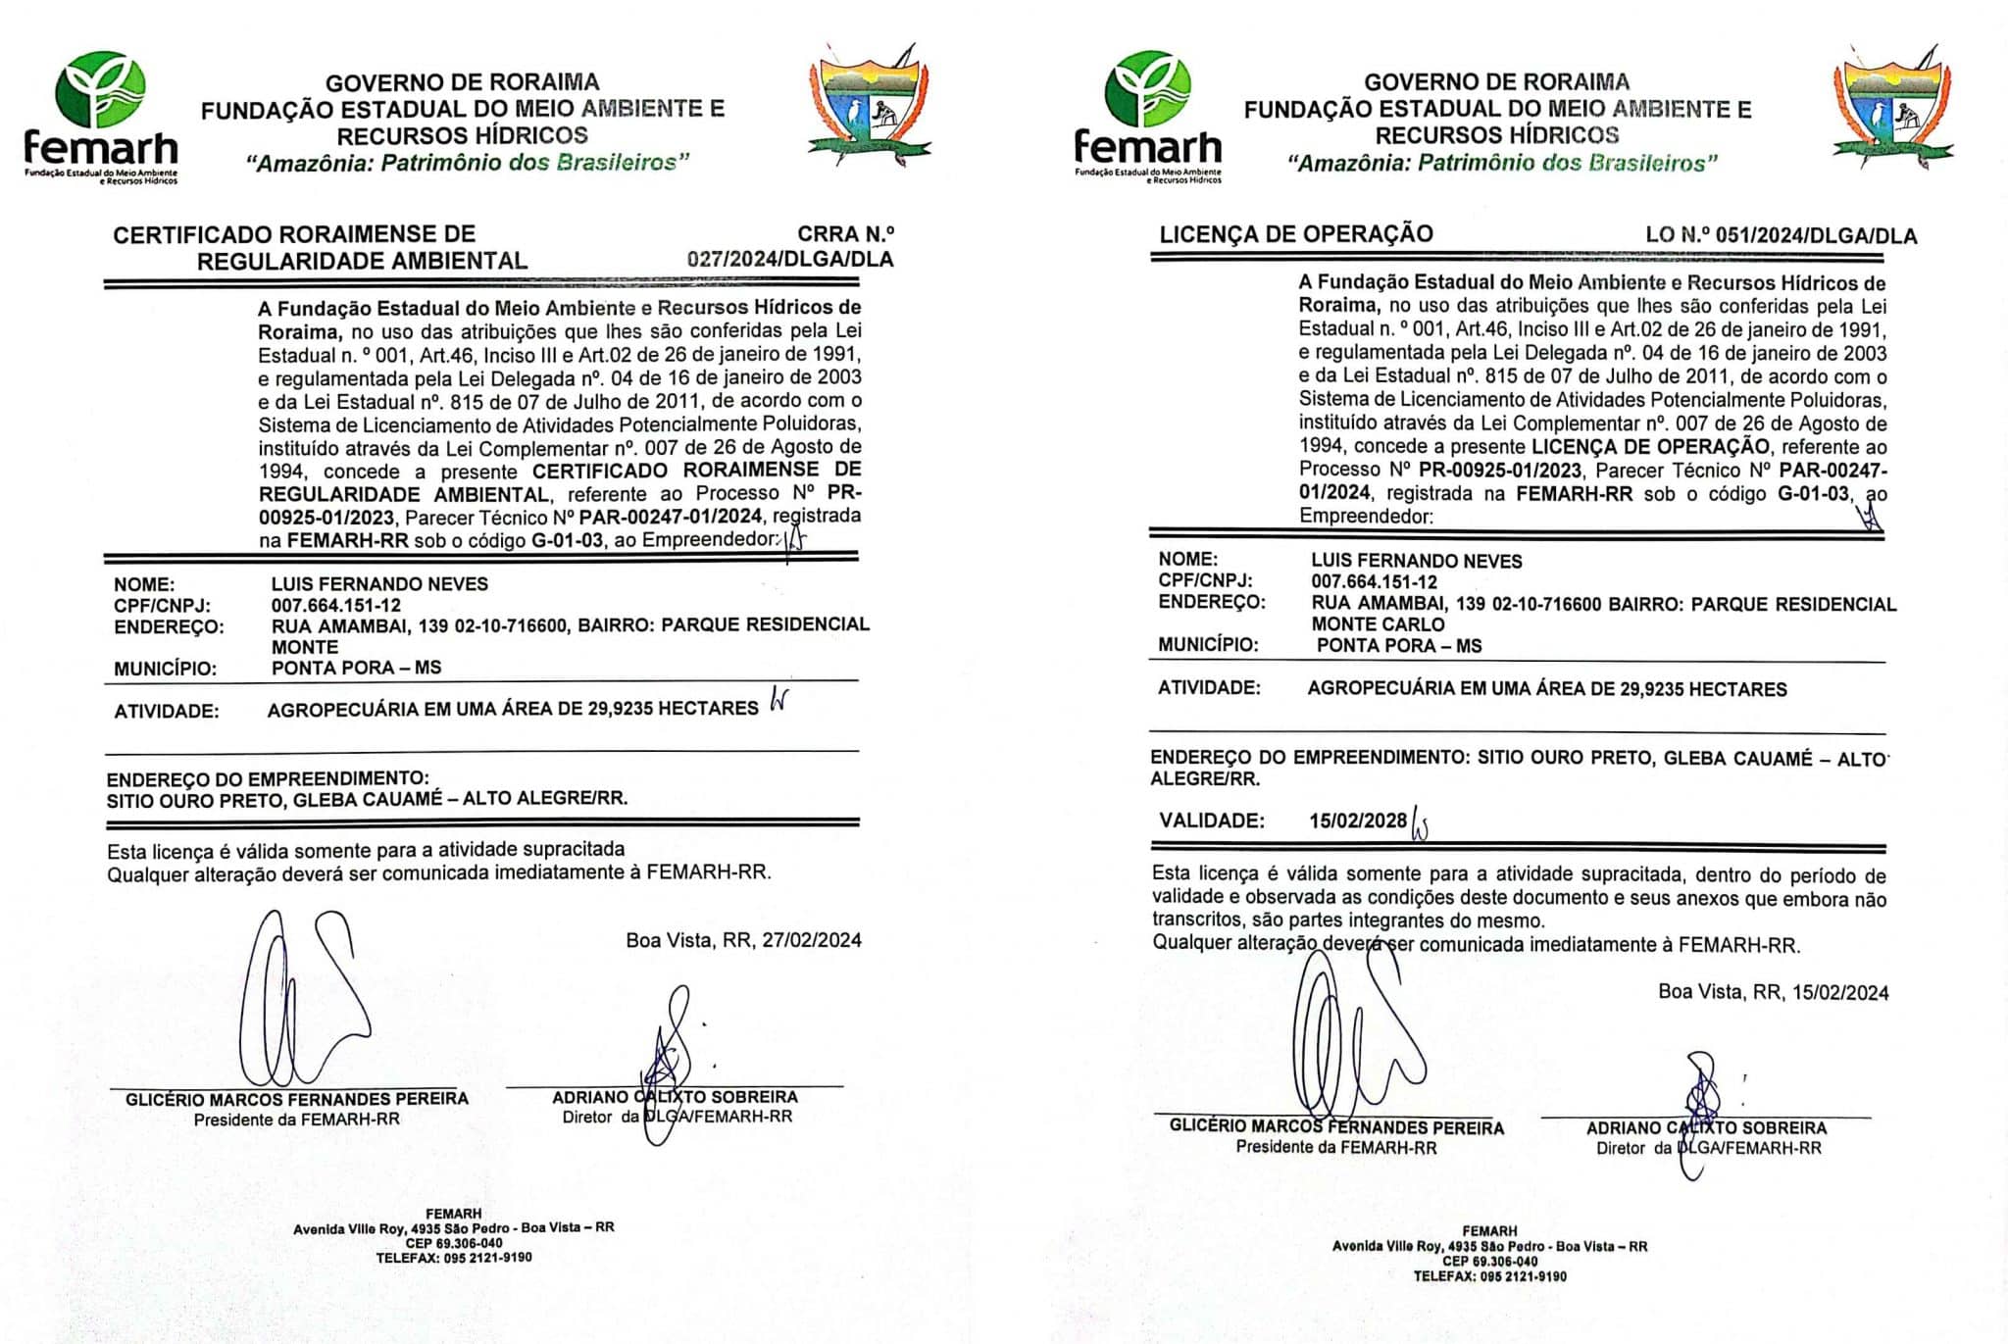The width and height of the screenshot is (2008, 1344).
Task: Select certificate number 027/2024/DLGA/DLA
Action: pyautogui.click(x=789, y=260)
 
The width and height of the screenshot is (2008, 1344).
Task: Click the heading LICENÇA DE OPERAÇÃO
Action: pyautogui.click(x=1295, y=234)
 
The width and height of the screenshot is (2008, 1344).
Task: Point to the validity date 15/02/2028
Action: pyautogui.click(x=1357, y=821)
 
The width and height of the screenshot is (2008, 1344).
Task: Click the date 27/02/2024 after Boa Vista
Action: pyautogui.click(x=812, y=940)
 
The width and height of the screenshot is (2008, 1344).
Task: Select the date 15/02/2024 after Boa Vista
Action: pyautogui.click(x=1840, y=992)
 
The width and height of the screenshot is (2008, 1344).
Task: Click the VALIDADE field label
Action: pyautogui.click(x=1212, y=821)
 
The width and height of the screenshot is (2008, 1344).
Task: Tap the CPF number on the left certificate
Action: pyautogui.click(x=335, y=606)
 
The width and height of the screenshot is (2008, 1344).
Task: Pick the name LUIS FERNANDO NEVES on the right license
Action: pyautogui.click(x=1416, y=561)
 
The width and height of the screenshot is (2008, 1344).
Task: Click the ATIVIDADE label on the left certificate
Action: pyautogui.click(x=167, y=711)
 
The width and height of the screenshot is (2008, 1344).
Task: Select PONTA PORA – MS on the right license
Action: pyautogui.click(x=1399, y=646)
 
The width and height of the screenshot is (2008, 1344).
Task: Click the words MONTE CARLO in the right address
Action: pyautogui.click(x=1378, y=624)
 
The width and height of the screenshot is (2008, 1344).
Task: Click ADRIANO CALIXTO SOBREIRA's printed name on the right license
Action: pyautogui.click(x=1706, y=1128)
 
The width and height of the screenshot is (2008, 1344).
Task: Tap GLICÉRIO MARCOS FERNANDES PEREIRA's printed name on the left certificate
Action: pyautogui.click(x=296, y=1100)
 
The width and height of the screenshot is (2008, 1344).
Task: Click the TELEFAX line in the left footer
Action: pyautogui.click(x=453, y=1258)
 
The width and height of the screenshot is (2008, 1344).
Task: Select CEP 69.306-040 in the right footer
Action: pyautogui.click(x=1489, y=1262)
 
